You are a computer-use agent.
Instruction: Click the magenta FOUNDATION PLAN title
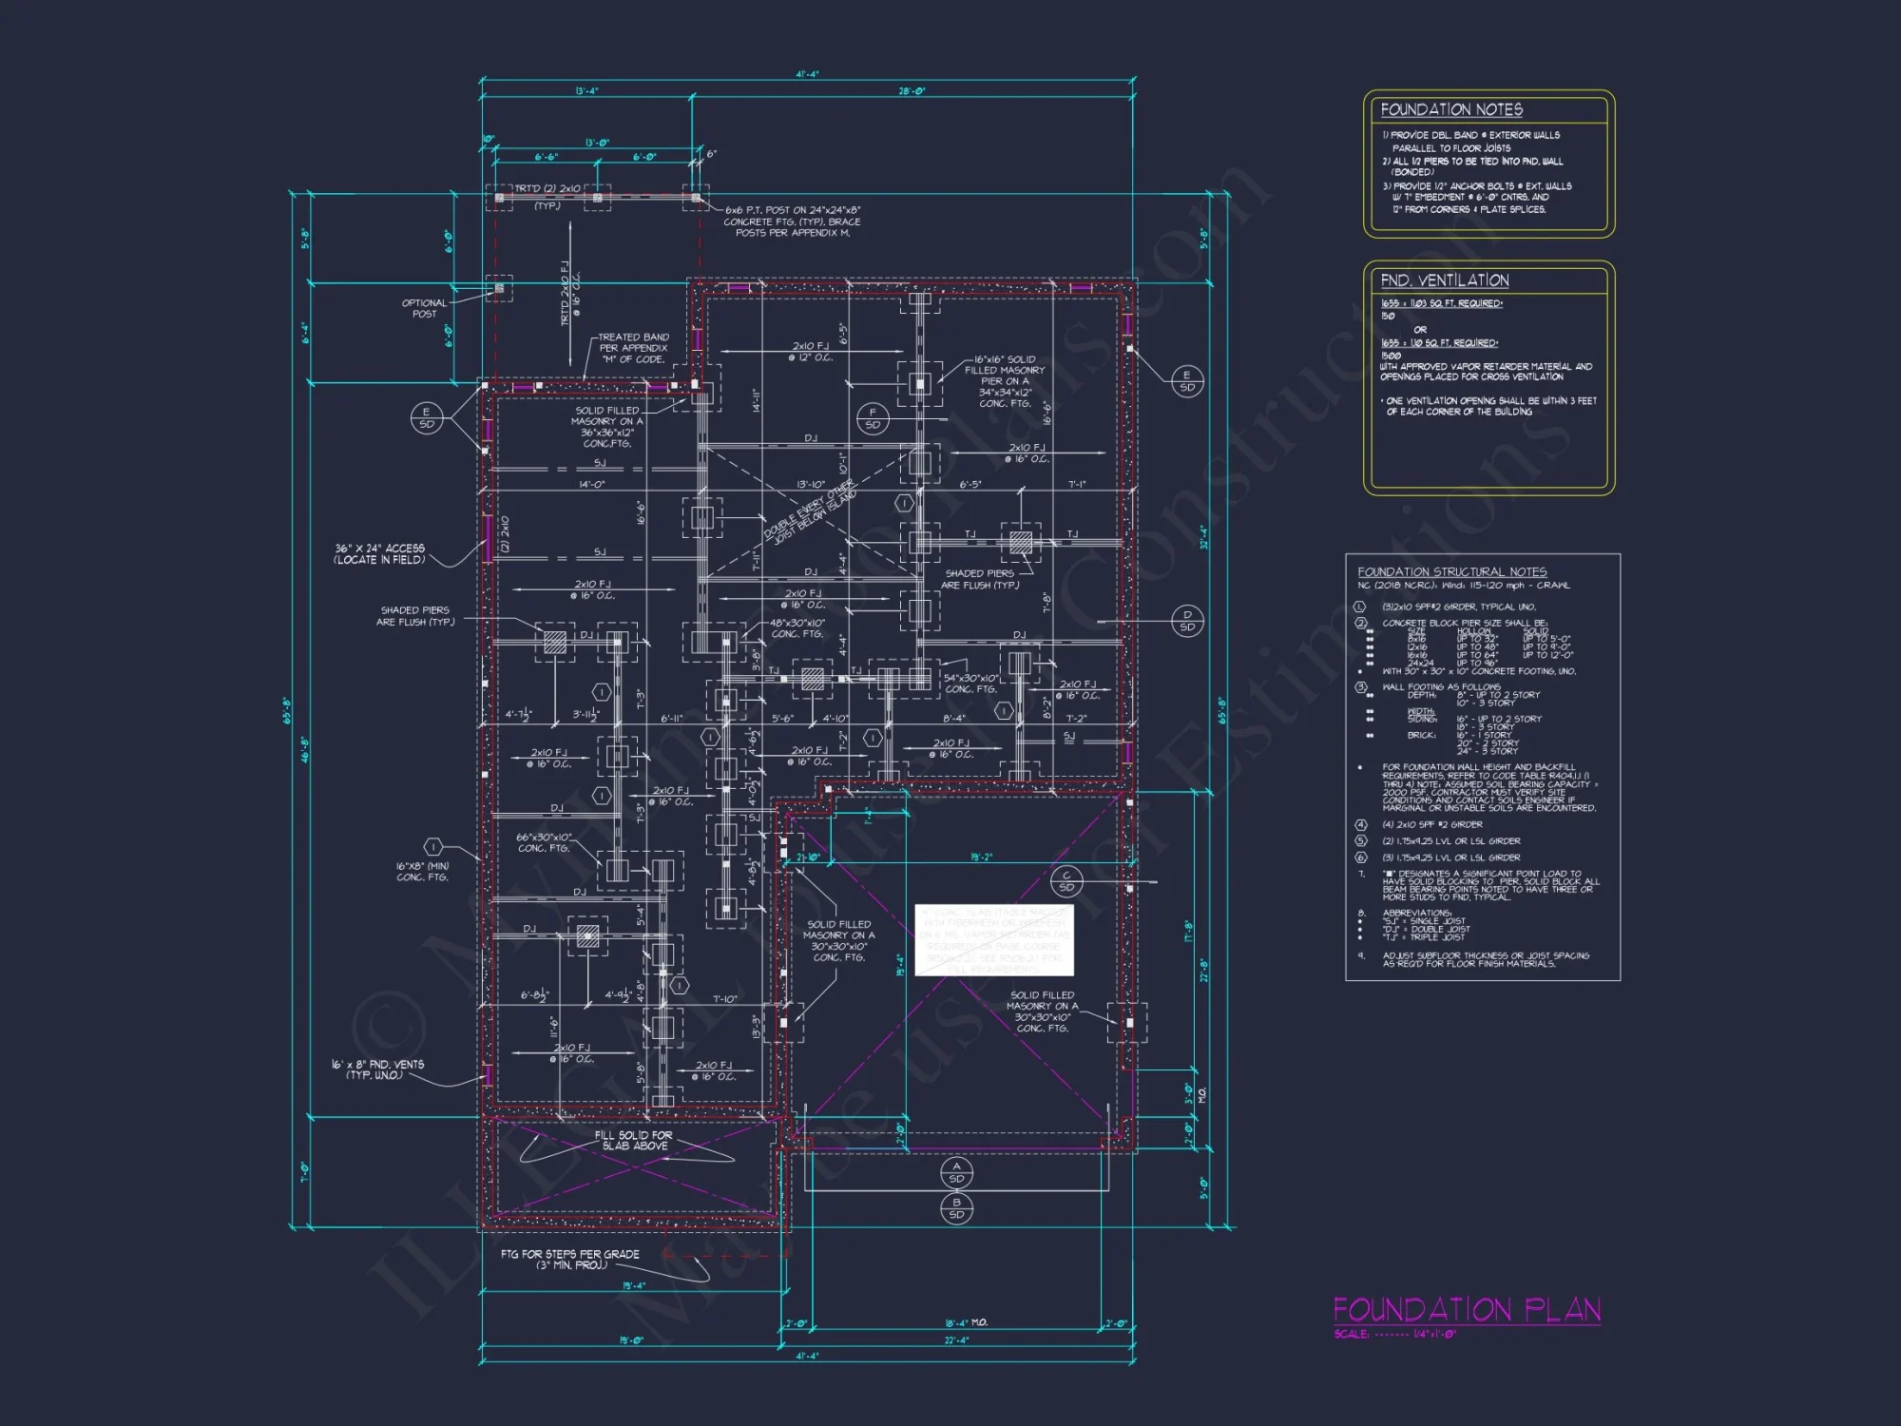click(x=1466, y=1310)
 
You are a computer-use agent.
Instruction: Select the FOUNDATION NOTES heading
click(x=1450, y=110)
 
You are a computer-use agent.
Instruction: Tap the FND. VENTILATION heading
click(x=1444, y=280)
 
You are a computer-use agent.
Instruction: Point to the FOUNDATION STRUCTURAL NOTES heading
click(x=1451, y=571)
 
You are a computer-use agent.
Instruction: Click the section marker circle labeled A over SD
click(x=956, y=1171)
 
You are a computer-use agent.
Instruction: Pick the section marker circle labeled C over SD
click(x=1066, y=881)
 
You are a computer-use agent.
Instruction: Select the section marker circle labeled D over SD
click(x=1187, y=620)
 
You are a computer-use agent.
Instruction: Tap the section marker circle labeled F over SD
click(x=873, y=418)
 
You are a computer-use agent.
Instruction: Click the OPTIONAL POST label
click(x=424, y=308)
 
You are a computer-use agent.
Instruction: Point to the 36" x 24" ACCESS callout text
click(x=379, y=554)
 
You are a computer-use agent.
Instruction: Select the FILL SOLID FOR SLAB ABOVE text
click(x=633, y=1140)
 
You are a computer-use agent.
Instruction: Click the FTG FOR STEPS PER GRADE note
click(x=570, y=1260)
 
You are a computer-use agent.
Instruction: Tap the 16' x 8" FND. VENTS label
click(x=377, y=1069)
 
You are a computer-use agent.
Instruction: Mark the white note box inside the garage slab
click(x=993, y=940)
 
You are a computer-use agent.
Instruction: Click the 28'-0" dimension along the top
click(x=912, y=91)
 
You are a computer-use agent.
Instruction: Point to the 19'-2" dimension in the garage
click(x=981, y=857)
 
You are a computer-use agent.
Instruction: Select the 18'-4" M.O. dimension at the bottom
click(x=966, y=1322)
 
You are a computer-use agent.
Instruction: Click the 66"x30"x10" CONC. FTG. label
click(x=544, y=842)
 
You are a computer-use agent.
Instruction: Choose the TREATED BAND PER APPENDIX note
click(x=633, y=348)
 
